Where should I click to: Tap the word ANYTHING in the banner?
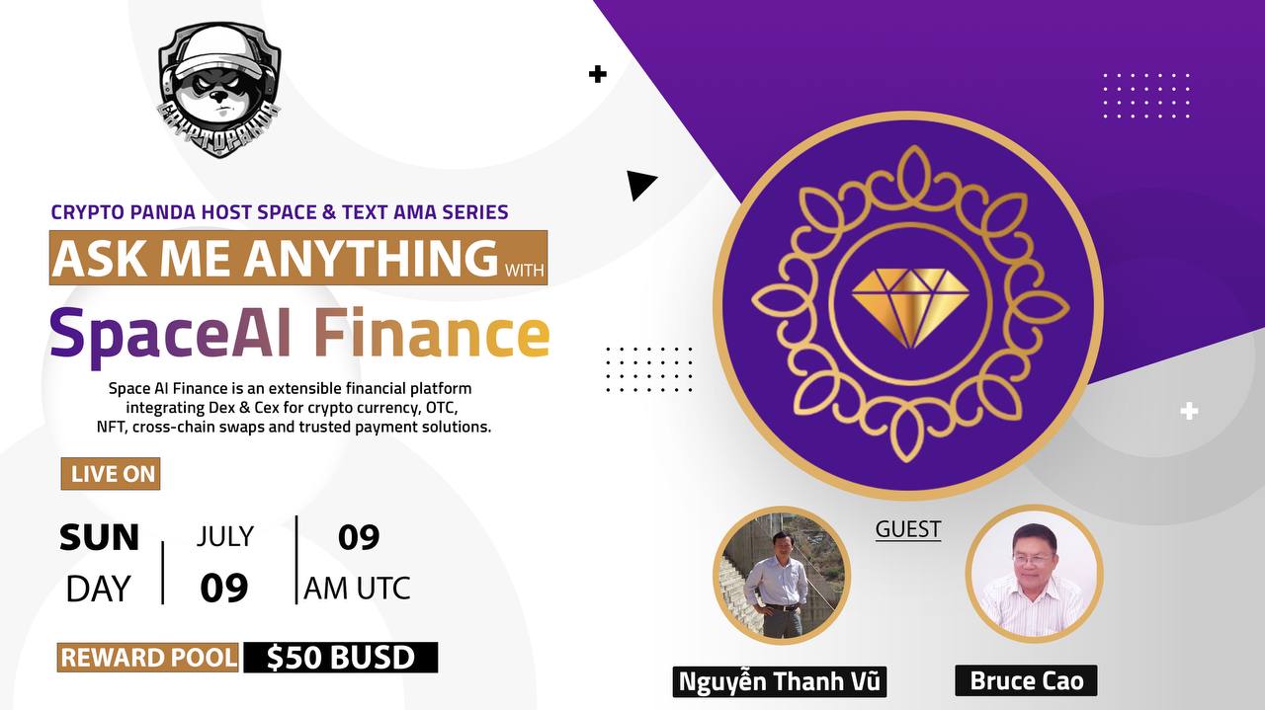[x=371, y=258]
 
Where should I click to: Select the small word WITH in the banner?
[x=524, y=268]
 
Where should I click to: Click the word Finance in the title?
[x=431, y=334]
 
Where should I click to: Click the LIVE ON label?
[x=113, y=474]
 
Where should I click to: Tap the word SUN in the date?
[x=99, y=538]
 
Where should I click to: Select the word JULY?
[x=224, y=536]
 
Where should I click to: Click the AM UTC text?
[x=357, y=589]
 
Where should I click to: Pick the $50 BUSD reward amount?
[x=340, y=658]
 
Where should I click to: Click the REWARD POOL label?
[x=148, y=658]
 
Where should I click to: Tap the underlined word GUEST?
[x=907, y=529]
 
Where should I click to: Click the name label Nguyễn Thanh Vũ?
[x=780, y=681]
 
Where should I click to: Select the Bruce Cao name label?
[x=1026, y=680]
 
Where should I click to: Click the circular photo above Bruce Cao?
[x=1034, y=574]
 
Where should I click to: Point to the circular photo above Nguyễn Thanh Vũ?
[x=782, y=576]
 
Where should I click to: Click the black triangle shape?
[x=639, y=185]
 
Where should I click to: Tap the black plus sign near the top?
[x=597, y=74]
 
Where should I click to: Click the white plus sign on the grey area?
[x=1189, y=411]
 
